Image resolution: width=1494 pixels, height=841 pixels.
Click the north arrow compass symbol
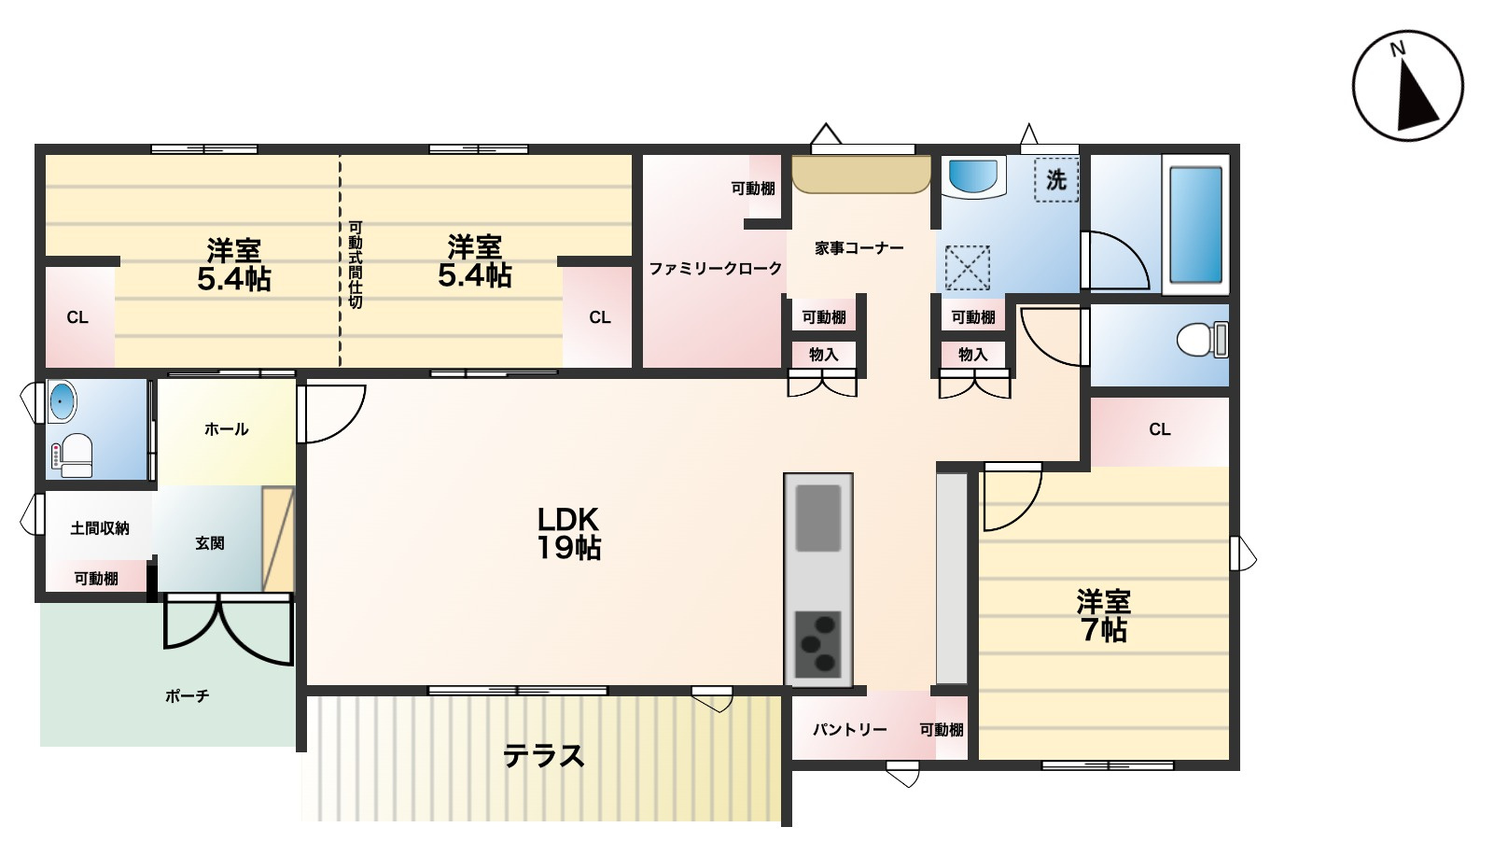tap(1407, 85)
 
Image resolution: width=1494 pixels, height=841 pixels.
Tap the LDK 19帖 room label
tap(569, 534)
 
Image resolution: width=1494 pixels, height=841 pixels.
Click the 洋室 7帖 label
tap(1103, 615)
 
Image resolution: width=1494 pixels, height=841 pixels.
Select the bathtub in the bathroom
tap(1196, 225)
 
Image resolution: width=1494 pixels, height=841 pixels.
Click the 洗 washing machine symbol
tap(1055, 179)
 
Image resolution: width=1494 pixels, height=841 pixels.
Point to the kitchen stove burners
tap(817, 644)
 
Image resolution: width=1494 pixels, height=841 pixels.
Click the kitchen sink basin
tap(817, 518)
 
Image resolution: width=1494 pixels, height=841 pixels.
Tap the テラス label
tap(544, 756)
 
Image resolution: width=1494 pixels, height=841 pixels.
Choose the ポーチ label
tap(187, 696)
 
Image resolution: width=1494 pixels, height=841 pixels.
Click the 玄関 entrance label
tap(209, 543)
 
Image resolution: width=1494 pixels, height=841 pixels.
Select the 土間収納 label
tap(99, 529)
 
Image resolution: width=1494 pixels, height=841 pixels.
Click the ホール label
tap(226, 428)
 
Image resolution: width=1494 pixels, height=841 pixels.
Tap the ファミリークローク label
tap(715, 269)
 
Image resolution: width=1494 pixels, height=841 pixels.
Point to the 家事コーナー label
tap(859, 248)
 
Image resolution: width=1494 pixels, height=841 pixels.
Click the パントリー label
tap(850, 730)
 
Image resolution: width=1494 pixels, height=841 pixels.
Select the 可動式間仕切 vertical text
tap(356, 265)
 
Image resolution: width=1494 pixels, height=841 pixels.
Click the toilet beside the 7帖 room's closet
tap(1203, 340)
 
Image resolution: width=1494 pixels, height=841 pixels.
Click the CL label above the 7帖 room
tap(1160, 429)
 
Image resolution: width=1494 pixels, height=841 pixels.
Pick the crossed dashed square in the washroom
tap(967, 268)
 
